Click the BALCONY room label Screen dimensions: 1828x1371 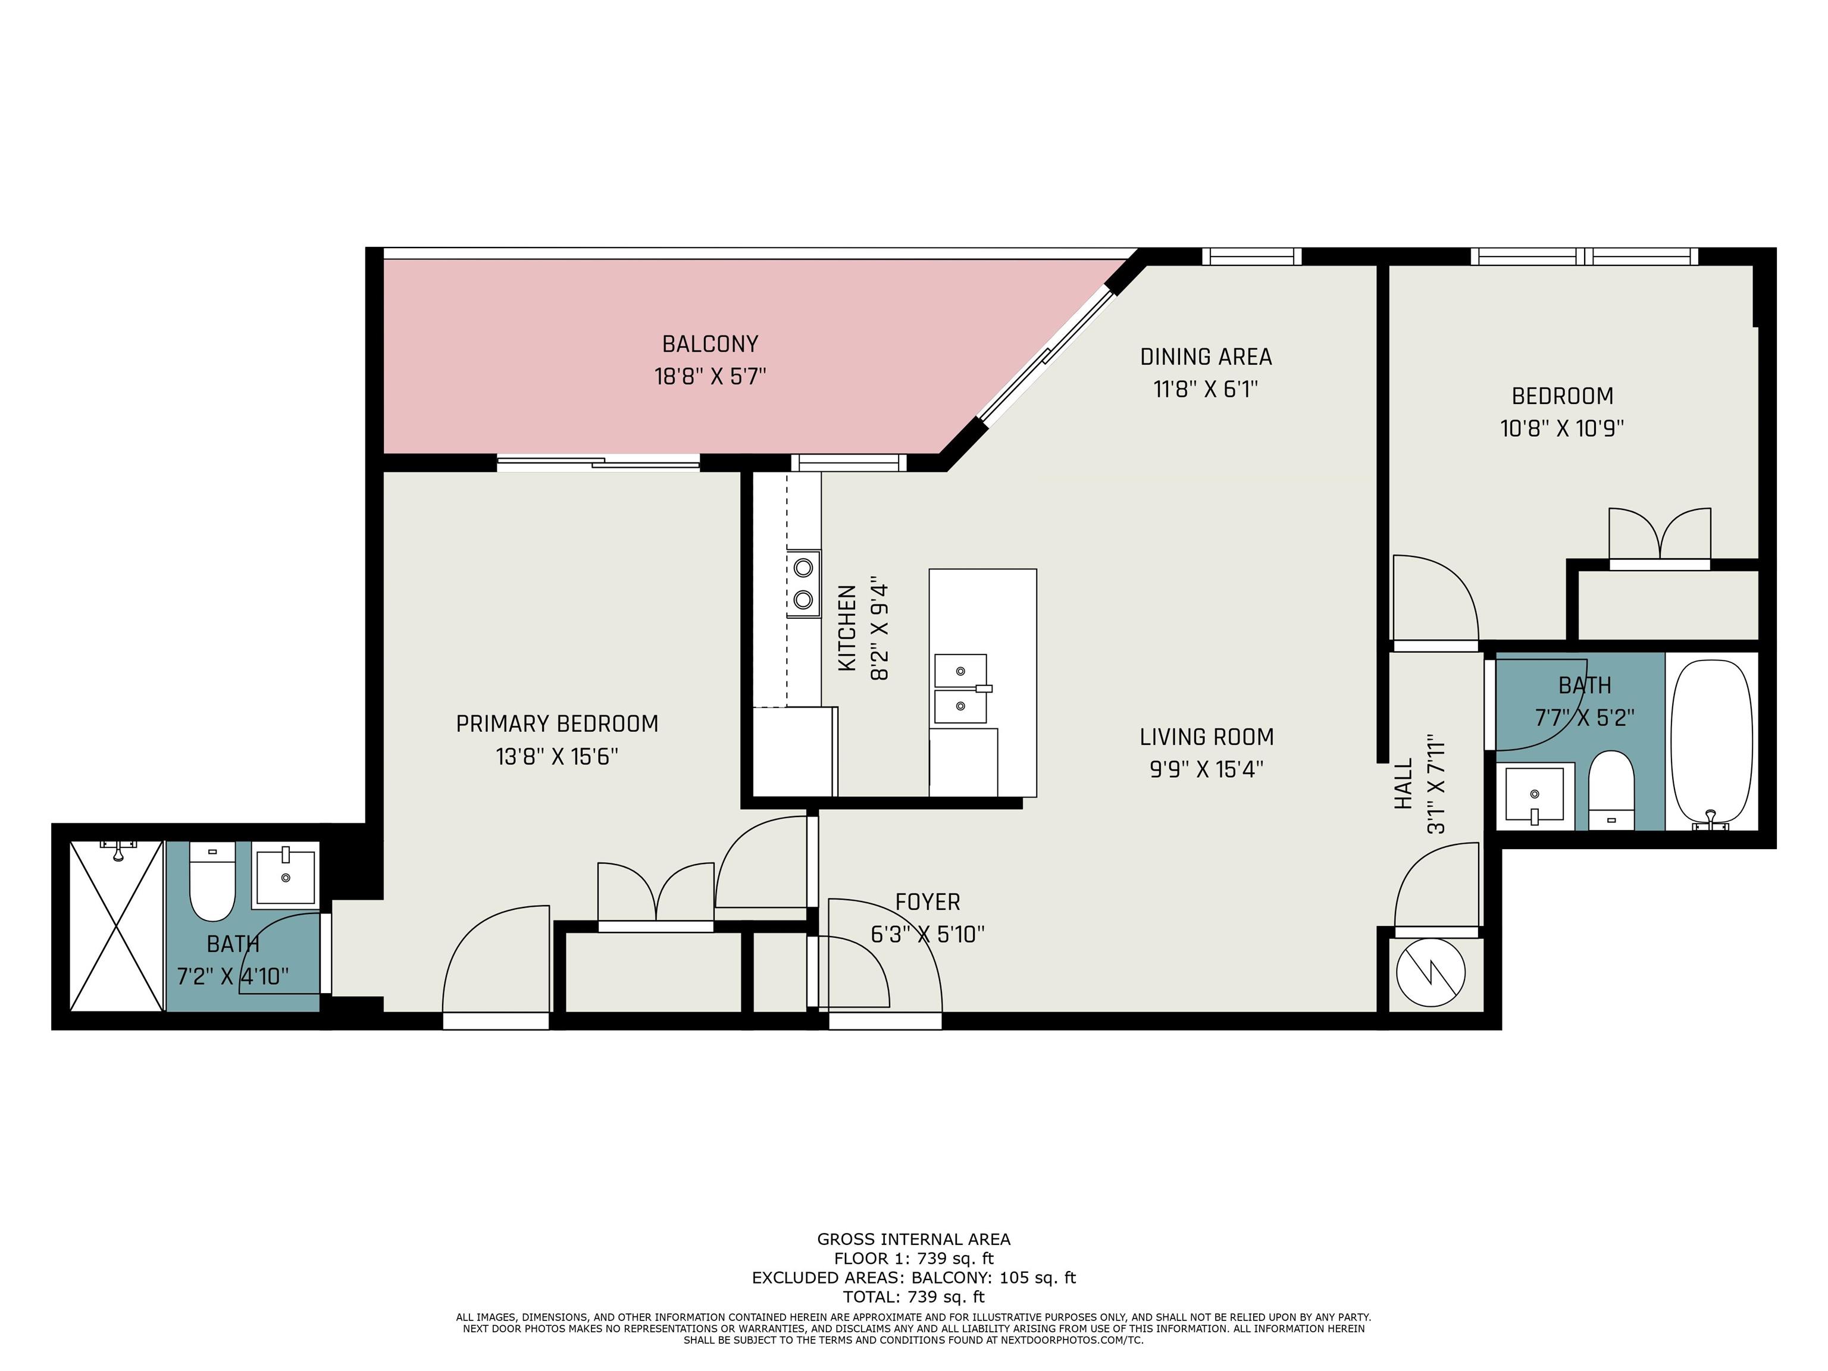(710, 344)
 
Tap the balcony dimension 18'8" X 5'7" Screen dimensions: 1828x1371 (710, 377)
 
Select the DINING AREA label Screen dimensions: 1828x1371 (1206, 357)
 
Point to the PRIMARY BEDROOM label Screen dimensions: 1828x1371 (557, 724)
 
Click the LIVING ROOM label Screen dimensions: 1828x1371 (1207, 737)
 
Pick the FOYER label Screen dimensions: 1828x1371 (927, 903)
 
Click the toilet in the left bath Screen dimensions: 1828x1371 (212, 881)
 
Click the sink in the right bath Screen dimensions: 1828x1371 (1535, 795)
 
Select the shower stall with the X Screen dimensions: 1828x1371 (117, 925)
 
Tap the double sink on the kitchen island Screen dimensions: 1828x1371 (961, 688)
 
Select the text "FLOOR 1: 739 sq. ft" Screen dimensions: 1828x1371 (914, 1259)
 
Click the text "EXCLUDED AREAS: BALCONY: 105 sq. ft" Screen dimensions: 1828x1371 (914, 1278)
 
